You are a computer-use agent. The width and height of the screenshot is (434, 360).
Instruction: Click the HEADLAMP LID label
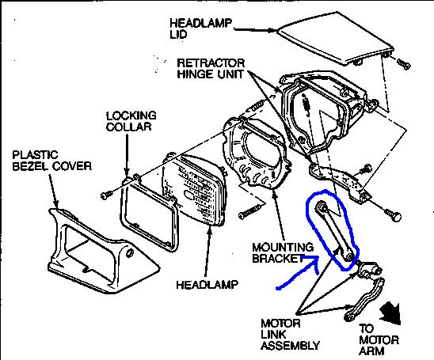coord(200,28)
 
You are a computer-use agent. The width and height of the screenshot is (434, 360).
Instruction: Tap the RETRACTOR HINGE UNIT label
coord(211,69)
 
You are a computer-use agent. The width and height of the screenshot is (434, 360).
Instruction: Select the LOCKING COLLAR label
coord(131,121)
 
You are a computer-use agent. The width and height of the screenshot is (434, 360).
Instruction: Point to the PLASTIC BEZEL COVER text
coord(52,161)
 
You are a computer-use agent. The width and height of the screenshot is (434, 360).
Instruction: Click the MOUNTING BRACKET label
coord(283,252)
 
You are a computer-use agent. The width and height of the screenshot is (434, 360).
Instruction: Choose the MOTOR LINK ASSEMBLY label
coord(290,335)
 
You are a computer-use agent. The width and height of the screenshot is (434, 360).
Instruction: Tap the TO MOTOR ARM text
coord(379,339)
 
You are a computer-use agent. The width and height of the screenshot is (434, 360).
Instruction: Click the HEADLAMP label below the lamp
coord(207,285)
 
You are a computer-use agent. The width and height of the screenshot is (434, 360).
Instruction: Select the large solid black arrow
coord(390,314)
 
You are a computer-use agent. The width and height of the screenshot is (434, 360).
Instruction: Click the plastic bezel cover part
coord(103,252)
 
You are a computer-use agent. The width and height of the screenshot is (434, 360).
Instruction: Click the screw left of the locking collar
coord(106,195)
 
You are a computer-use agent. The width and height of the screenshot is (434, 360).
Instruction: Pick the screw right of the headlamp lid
coord(404,64)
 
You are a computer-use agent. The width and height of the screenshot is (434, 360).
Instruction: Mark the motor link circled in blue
coord(336,231)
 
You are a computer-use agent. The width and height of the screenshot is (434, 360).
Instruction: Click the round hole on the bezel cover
coord(130,253)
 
